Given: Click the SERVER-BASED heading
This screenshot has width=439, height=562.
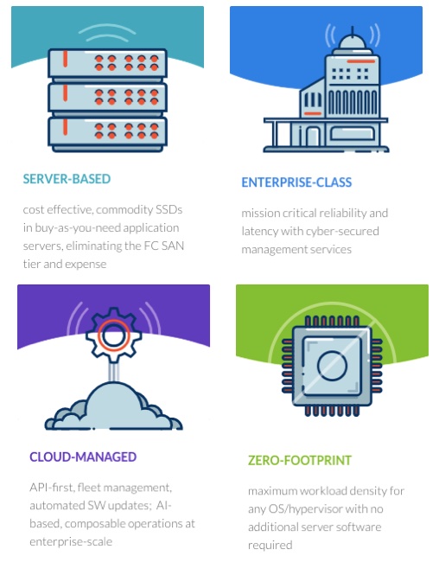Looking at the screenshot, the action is [x=67, y=179].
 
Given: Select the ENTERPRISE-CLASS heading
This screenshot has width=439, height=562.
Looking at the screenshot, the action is [x=296, y=182].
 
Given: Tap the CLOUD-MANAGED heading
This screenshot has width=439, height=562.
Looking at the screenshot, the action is [x=83, y=457].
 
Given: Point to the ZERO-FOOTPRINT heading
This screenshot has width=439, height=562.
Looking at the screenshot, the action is [x=300, y=460].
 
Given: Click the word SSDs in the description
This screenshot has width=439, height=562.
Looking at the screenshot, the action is [x=169, y=209].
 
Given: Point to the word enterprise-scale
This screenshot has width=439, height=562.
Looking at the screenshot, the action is [x=71, y=541].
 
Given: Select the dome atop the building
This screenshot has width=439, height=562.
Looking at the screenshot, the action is [x=353, y=44].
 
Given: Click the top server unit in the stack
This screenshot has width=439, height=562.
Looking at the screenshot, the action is [x=107, y=63].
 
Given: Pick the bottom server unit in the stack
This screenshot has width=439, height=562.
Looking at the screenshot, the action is [x=107, y=132].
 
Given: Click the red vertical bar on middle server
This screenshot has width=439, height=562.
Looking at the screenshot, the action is [x=65, y=93].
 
